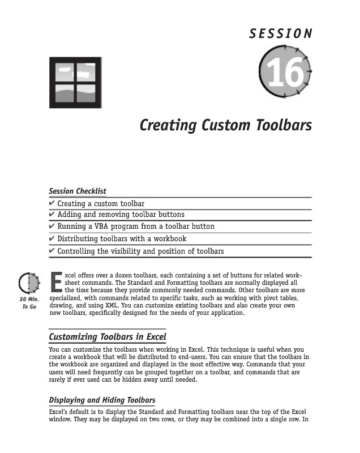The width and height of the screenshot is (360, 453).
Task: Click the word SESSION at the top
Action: pyautogui.click(x=281, y=33)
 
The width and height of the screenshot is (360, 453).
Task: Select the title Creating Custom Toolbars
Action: pyautogui.click(x=225, y=125)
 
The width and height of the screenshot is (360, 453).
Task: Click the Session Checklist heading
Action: pyautogui.click(x=78, y=191)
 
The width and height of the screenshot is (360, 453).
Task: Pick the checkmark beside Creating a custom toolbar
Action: pyautogui.click(x=52, y=203)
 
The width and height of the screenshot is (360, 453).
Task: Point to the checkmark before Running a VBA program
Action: pyautogui.click(x=52, y=226)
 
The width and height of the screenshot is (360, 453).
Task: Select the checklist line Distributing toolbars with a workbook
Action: pyautogui.click(x=122, y=238)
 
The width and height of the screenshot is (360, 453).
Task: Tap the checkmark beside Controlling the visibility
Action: pyautogui.click(x=52, y=251)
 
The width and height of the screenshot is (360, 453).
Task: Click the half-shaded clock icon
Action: pyautogui.click(x=28, y=282)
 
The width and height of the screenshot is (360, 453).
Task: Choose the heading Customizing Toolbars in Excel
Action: pyautogui.click(x=108, y=337)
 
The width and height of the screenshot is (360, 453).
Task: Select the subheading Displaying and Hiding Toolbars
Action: pyautogui.click(x=102, y=400)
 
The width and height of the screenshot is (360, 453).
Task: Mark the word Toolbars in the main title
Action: pyautogui.click(x=284, y=125)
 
